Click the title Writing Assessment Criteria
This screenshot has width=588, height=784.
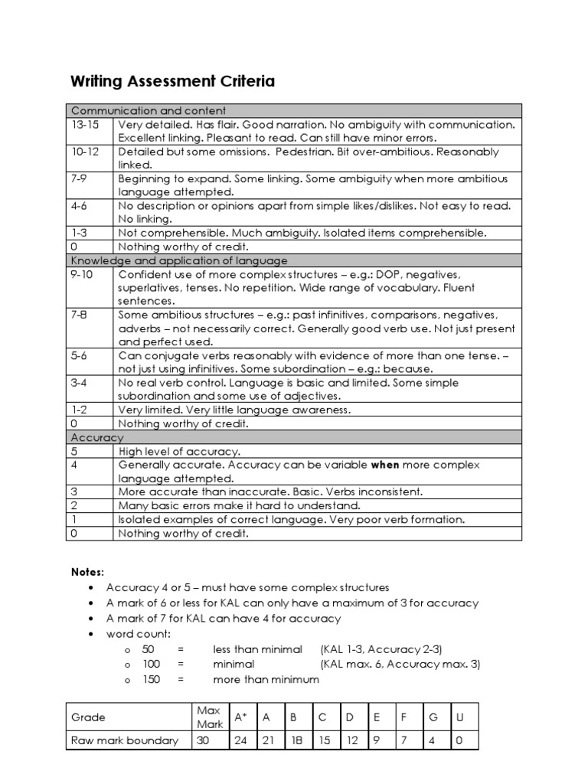tap(173, 81)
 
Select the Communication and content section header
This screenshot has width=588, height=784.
tap(149, 111)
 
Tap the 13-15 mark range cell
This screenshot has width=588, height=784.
tap(83, 124)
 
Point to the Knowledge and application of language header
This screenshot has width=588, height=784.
tap(178, 261)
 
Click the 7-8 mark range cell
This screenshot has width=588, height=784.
tap(80, 315)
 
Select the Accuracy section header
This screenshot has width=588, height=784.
tap(96, 437)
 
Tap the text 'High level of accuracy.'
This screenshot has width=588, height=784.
tap(179, 452)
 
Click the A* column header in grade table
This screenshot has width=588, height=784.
tap(240, 717)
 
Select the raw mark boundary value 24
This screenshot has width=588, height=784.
tap(240, 740)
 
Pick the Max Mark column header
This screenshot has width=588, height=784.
tap(210, 717)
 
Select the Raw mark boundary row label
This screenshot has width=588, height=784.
tap(124, 740)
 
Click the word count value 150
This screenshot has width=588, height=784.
tap(152, 679)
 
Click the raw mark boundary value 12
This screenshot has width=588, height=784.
tap(351, 740)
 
